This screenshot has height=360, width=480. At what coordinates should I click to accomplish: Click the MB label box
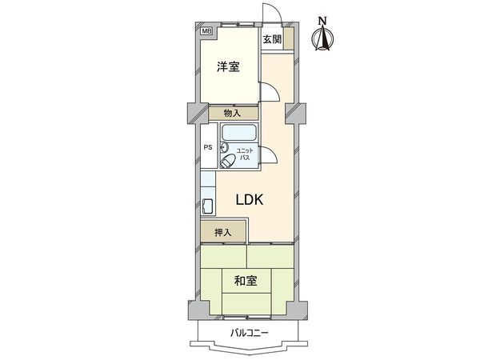click(x=207, y=31)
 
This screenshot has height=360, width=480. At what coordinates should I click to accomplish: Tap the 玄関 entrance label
click(x=271, y=38)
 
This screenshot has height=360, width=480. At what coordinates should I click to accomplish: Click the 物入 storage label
click(x=233, y=114)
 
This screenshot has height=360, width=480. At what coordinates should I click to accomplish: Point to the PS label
click(x=207, y=147)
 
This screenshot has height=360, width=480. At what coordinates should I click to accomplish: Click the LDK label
click(x=250, y=200)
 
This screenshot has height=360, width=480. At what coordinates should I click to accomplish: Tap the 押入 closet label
click(x=223, y=233)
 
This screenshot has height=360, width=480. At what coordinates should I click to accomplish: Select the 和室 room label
click(x=245, y=281)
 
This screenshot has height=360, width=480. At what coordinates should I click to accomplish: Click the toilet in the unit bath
click(x=228, y=161)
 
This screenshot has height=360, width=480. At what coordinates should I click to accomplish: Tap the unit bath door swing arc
click(x=271, y=158)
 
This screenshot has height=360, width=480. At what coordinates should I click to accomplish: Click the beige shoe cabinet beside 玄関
click(x=289, y=39)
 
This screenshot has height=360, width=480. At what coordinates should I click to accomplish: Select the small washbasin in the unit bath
click(x=224, y=147)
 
